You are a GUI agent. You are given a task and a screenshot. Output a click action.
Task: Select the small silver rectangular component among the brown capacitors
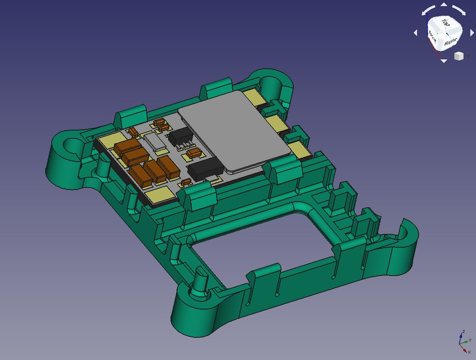click(x=155, y=141)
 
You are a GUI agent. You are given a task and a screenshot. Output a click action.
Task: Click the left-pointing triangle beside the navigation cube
click(x=416, y=33)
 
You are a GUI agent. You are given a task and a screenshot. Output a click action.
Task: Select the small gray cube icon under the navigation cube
click(x=459, y=56)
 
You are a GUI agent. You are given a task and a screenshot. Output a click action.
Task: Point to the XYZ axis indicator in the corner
click(x=463, y=341)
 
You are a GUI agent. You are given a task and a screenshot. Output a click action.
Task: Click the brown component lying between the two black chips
click(x=194, y=152)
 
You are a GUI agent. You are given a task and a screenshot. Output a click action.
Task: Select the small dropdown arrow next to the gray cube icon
click(x=468, y=56)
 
